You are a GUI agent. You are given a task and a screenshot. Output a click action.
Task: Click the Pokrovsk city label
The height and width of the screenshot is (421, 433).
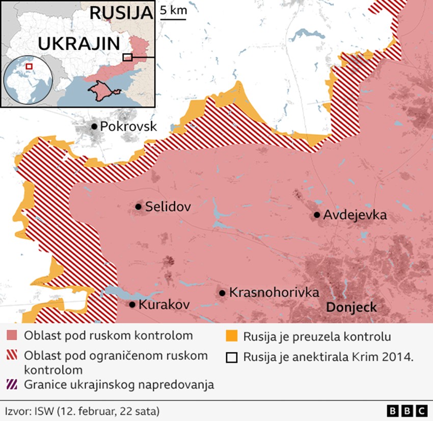(x=128, y=127)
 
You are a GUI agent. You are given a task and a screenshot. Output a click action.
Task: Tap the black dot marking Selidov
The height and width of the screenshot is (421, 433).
(x=138, y=206)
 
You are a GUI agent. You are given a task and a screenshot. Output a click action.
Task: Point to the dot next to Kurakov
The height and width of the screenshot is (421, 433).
(x=132, y=305)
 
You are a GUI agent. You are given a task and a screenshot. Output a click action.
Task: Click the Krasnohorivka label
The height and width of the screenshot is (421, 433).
(x=274, y=292)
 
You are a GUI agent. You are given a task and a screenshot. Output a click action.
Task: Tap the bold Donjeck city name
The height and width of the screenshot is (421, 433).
(x=351, y=307)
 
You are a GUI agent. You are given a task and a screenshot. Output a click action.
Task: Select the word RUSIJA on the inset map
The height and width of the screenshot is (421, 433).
(x=121, y=13)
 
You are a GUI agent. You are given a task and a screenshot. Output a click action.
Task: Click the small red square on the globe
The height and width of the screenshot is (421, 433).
(x=29, y=66)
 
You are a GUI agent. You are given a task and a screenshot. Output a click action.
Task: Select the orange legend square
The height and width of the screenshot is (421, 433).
(x=232, y=336)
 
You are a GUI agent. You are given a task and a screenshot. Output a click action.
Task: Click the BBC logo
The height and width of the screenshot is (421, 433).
(x=407, y=410)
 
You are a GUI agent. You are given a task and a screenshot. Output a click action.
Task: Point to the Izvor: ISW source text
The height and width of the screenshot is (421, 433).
(x=82, y=410)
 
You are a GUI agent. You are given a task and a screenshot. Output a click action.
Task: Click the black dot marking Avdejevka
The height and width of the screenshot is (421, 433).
(x=317, y=215)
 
